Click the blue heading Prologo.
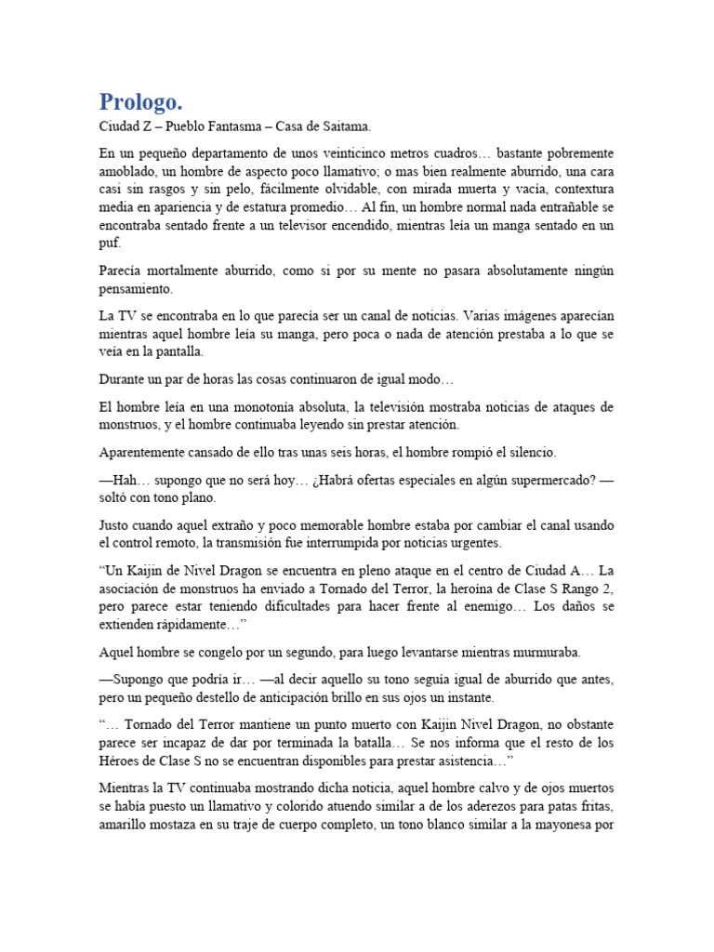click(x=143, y=101)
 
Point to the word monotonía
click(x=271, y=407)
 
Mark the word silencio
click(x=527, y=453)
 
